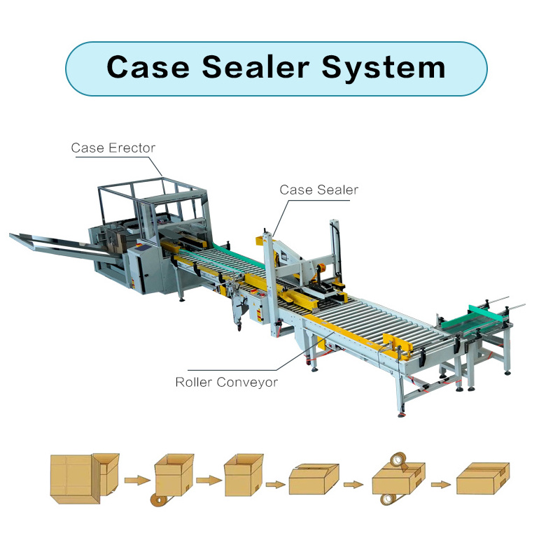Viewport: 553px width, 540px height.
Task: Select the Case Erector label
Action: point(113,148)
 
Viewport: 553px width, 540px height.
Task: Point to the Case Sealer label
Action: point(318,190)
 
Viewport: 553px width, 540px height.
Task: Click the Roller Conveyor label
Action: point(226,382)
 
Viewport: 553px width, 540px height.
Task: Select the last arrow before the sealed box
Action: point(439,483)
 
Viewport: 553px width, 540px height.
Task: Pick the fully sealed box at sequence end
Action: point(482,480)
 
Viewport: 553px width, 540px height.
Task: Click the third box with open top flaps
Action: point(243,475)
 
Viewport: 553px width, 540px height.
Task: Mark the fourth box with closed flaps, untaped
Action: point(314,481)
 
